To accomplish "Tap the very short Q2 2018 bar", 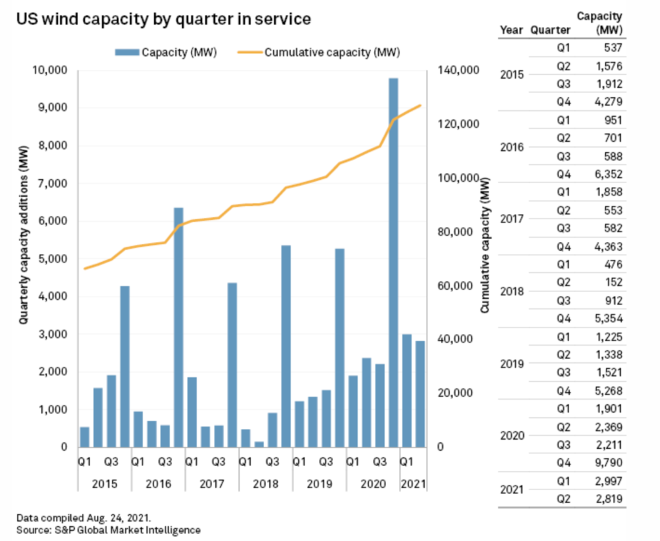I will pos(258,444).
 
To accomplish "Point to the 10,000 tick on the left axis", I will pos(53,70).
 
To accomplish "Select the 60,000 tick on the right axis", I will pos(454,285).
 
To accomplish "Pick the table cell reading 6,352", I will pos(610,173).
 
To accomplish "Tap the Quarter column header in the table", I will pos(550,30).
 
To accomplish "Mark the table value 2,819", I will pos(610,498).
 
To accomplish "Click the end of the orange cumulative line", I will pos(421,105).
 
